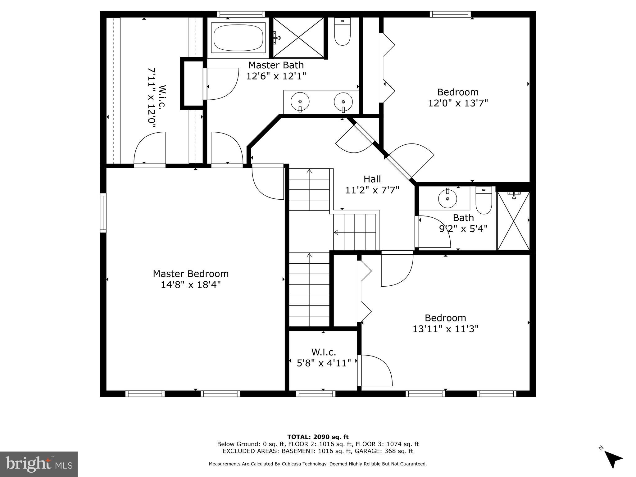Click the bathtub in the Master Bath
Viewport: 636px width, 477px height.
click(x=238, y=38)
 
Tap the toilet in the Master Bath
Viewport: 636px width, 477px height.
click(x=342, y=33)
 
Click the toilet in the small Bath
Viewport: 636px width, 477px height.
click(x=484, y=201)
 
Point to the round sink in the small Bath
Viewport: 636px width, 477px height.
click(x=447, y=198)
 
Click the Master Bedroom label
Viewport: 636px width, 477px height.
click(x=191, y=274)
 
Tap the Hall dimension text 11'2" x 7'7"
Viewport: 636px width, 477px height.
click(x=372, y=190)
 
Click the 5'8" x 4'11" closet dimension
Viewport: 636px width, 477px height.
click(x=324, y=363)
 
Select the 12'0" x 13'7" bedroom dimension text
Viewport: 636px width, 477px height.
click(x=458, y=103)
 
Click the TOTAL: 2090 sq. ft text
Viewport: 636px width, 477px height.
click(x=318, y=437)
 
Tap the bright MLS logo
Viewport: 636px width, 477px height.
click(x=39, y=464)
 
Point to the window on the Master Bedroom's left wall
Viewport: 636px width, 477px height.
click(x=103, y=213)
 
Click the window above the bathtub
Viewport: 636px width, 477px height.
click(x=241, y=14)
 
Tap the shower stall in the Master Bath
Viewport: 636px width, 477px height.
click(x=298, y=38)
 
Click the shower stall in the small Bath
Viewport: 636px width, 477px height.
click(x=513, y=221)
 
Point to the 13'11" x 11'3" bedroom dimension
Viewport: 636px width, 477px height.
click(x=445, y=329)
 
